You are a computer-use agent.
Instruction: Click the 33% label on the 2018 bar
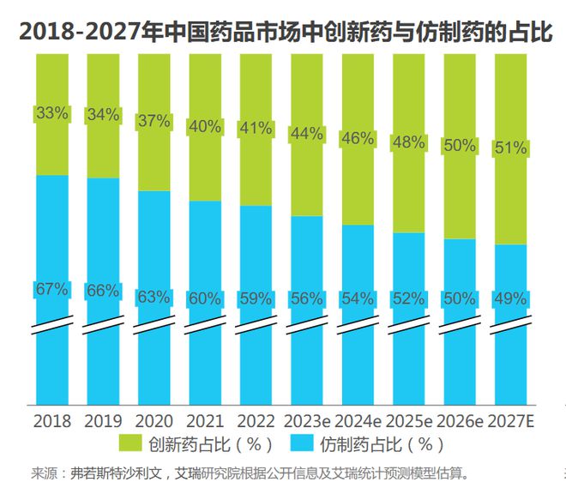click(51, 113)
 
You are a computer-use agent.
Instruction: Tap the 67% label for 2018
click(51, 289)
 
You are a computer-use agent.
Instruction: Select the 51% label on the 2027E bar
click(510, 148)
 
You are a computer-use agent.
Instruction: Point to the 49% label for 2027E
click(510, 299)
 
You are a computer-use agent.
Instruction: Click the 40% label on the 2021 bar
click(204, 127)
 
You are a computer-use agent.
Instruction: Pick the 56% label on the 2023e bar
click(306, 299)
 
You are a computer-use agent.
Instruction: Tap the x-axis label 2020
click(154, 421)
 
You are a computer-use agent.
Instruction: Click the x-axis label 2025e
click(408, 421)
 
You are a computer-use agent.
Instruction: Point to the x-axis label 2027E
click(511, 421)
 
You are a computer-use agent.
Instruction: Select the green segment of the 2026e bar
click(460, 94)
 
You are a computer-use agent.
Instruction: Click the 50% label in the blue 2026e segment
click(460, 299)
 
